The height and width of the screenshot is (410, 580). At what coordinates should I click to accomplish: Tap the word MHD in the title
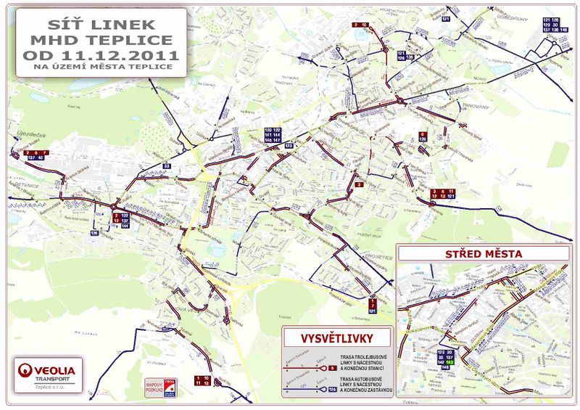point(58,38)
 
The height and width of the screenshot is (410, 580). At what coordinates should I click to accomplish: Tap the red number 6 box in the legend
point(331,369)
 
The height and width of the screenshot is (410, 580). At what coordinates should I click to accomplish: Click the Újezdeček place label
point(28,134)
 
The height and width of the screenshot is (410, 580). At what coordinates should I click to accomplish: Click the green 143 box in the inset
point(449,361)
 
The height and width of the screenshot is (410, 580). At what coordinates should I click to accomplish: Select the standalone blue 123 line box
point(289,146)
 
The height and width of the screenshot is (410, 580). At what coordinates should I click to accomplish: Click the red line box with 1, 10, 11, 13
point(202,380)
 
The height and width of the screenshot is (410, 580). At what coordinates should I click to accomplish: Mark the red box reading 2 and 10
point(360,25)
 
